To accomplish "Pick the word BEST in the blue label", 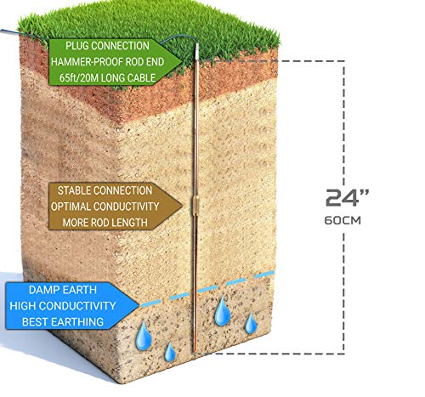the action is pyautogui.click(x=33, y=322).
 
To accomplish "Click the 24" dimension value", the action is pyautogui.click(x=347, y=197).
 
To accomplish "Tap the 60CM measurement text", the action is pyautogui.click(x=343, y=220).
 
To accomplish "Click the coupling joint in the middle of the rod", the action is pyautogui.click(x=195, y=205).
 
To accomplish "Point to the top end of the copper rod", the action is pyautogui.click(x=197, y=44).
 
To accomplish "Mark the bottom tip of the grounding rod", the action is pyautogui.click(x=195, y=353).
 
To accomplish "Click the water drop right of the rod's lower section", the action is pyautogui.click(x=223, y=312).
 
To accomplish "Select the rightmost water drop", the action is pyautogui.click(x=251, y=323).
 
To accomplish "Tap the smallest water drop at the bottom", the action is pyautogui.click(x=170, y=352).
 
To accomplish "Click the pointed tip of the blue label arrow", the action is pyautogui.click(x=139, y=305).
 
